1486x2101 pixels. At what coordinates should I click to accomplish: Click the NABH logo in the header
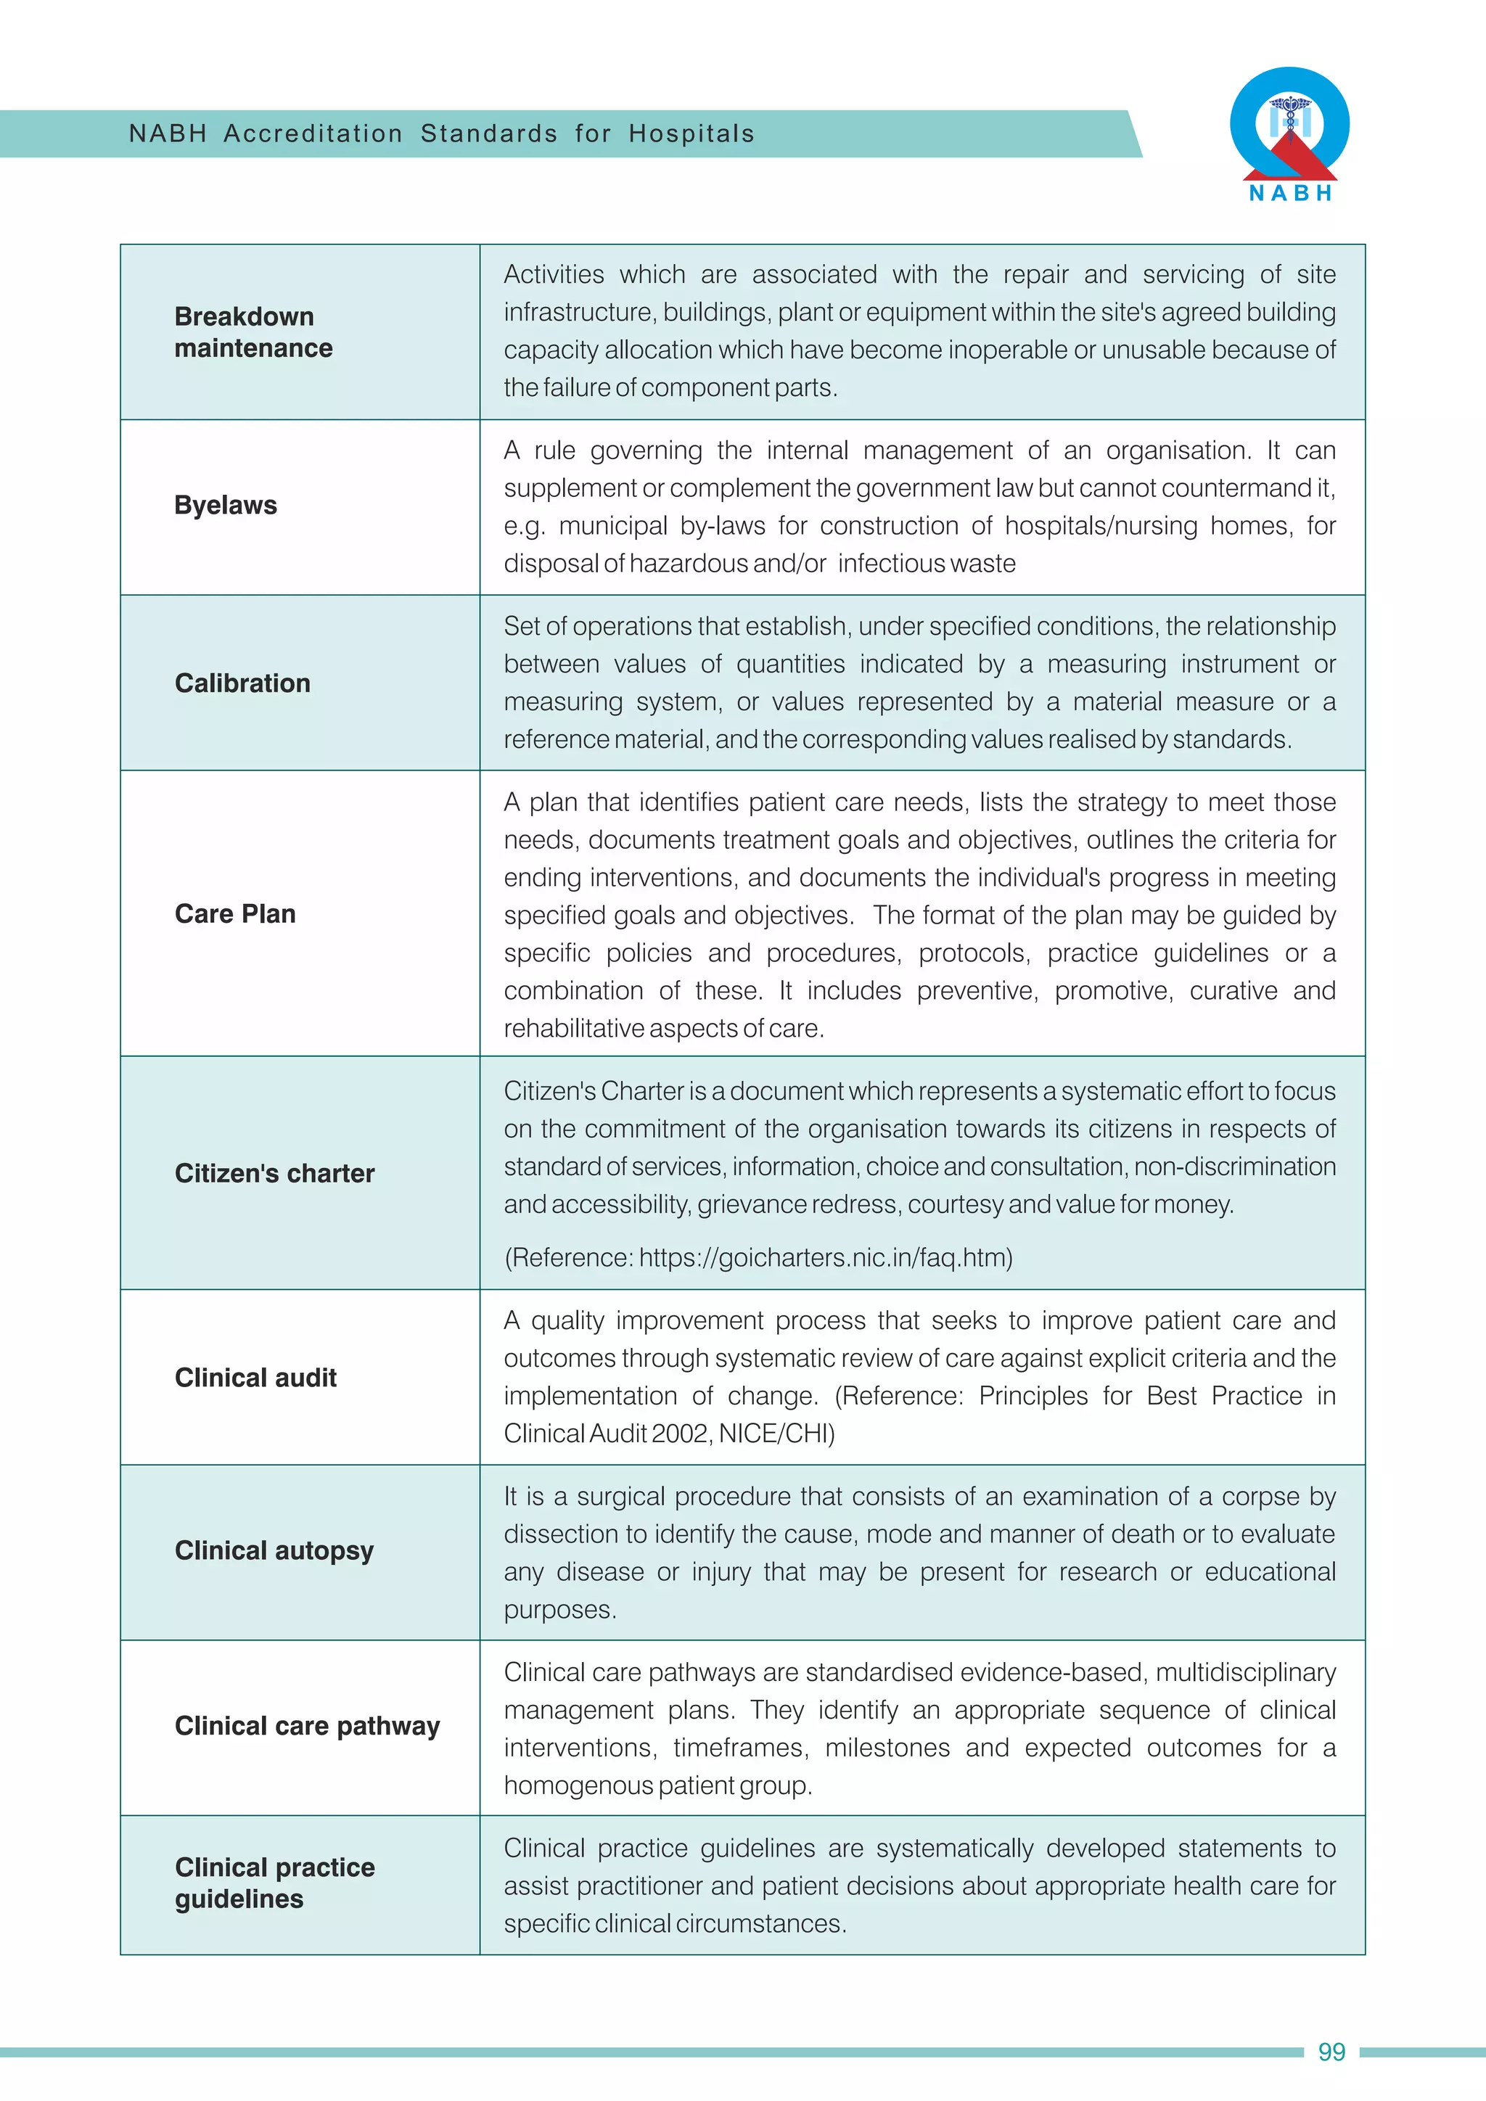tap(1289, 133)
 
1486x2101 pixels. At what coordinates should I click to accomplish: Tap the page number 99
tap(1331, 2052)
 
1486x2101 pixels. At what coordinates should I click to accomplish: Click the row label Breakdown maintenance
tap(253, 332)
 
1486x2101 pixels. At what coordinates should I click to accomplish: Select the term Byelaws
tap(225, 505)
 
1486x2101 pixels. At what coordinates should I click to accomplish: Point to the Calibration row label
tap(242, 683)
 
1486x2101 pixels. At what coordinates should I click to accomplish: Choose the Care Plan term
tap(235, 914)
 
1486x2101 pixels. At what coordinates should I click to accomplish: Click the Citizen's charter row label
tap(274, 1174)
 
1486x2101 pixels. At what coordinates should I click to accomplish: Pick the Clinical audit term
tap(255, 1378)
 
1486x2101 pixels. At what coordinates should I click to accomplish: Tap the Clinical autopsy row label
tap(274, 1551)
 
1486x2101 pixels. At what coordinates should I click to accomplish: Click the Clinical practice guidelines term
tap(274, 1883)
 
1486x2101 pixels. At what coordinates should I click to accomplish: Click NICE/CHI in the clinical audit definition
tap(776, 1434)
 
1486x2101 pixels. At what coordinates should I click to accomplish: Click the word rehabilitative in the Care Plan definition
tap(574, 1029)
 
